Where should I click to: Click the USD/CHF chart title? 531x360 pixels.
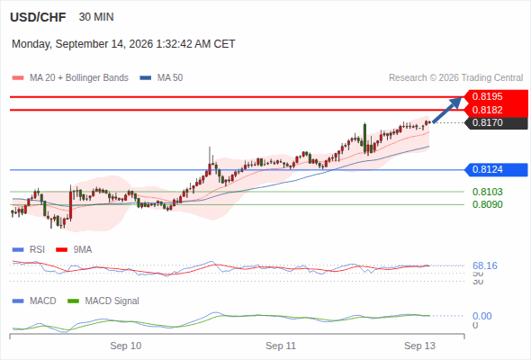[x=38, y=17]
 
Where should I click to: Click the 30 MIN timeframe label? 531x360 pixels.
[x=96, y=17]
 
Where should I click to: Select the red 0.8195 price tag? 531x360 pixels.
[x=496, y=96]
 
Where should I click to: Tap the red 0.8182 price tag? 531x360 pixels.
[x=496, y=110]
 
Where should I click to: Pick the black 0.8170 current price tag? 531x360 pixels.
[x=496, y=122]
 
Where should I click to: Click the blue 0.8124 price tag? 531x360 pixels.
[x=496, y=169]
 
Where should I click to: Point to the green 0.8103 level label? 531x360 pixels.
[x=487, y=192]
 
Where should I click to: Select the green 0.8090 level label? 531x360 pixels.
[x=487, y=204]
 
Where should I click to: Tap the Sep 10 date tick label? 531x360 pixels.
[x=126, y=346]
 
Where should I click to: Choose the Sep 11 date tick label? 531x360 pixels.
[x=281, y=346]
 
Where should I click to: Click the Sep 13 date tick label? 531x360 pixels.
[x=419, y=346]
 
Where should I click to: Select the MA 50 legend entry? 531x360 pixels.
[x=161, y=78]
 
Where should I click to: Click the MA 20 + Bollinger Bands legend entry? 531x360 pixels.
[x=70, y=78]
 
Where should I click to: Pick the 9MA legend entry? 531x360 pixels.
[x=74, y=250]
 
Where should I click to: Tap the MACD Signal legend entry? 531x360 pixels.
[x=103, y=301]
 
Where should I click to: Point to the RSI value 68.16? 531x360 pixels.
[x=485, y=265]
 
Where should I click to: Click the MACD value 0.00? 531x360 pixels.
[x=482, y=316]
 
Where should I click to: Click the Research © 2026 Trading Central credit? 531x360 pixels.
[x=455, y=78]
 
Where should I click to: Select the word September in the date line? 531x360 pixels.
[x=79, y=44]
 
